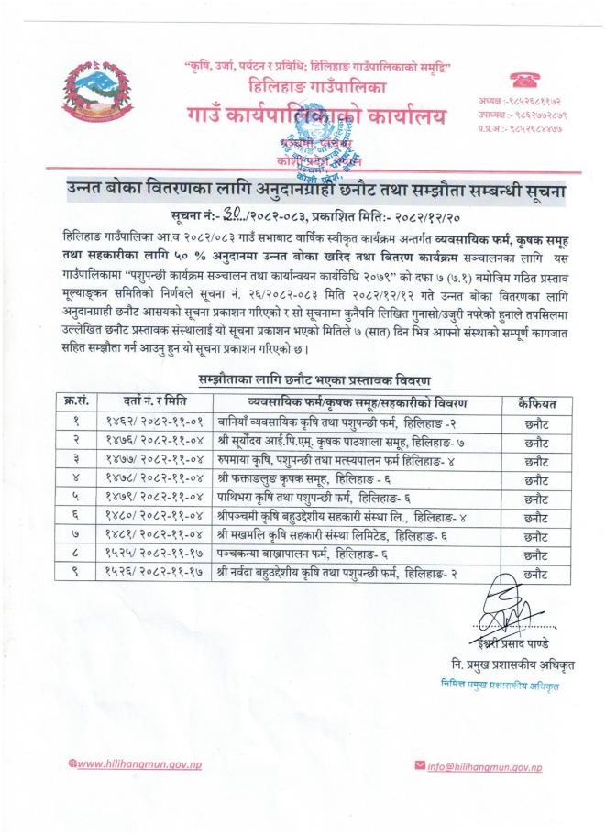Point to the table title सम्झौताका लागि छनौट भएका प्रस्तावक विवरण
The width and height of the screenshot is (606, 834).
click(316, 379)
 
